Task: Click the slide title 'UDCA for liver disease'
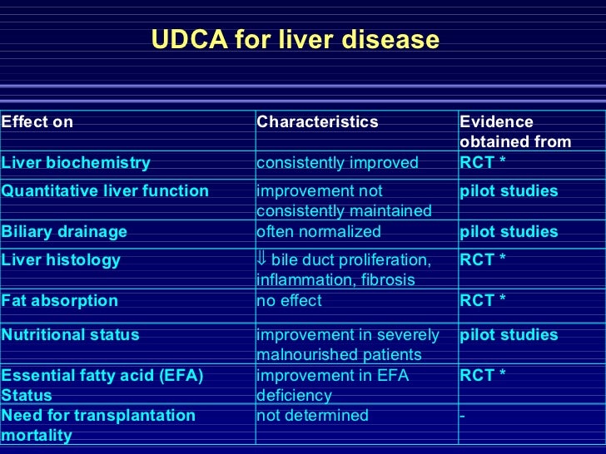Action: (x=295, y=39)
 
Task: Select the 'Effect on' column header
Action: (x=37, y=122)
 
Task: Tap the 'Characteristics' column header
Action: (x=317, y=122)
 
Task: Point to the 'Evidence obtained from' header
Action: (x=515, y=132)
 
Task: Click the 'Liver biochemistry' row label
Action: (x=76, y=163)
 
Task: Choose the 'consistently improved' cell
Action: (x=337, y=163)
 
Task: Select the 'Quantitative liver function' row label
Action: (x=105, y=191)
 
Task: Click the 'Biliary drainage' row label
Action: (x=64, y=232)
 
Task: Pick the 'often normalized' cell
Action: (x=319, y=232)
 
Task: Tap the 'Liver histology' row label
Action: (x=61, y=260)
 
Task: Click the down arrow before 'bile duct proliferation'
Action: (x=261, y=260)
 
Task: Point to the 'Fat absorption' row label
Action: (x=60, y=301)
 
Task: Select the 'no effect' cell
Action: (x=289, y=301)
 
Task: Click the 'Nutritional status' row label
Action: (x=71, y=335)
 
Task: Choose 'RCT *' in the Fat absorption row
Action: (x=483, y=301)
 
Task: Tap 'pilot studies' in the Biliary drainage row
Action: (x=509, y=232)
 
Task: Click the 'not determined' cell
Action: (x=312, y=415)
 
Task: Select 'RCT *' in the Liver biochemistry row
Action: (x=483, y=163)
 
